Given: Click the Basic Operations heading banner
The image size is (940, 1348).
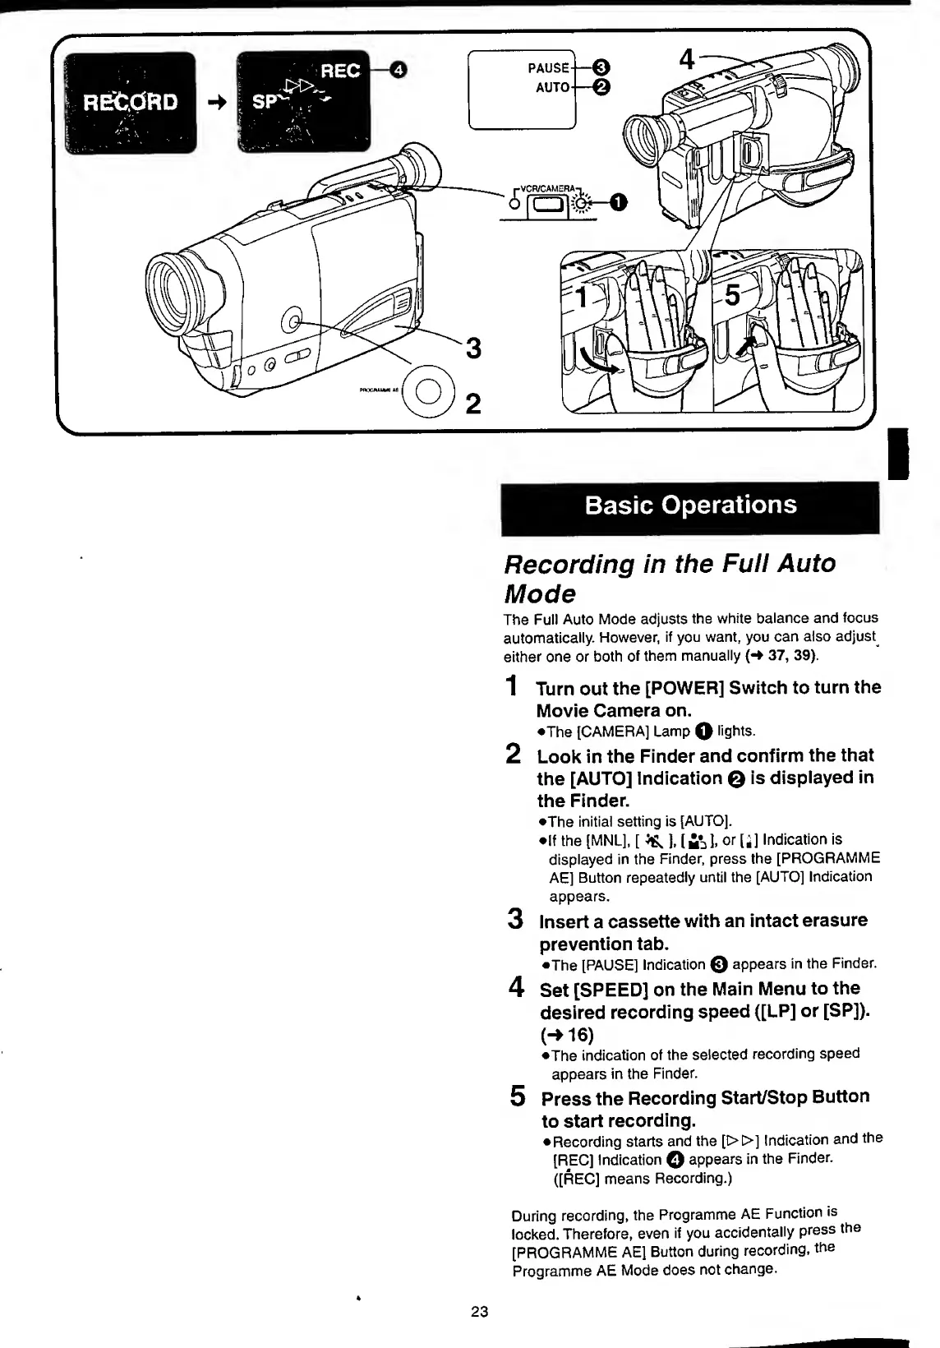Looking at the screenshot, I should [690, 505].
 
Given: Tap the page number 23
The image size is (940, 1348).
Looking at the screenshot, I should [480, 1312].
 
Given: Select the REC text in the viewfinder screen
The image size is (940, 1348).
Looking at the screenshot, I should [339, 71].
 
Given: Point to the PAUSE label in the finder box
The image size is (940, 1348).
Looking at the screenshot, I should [549, 68].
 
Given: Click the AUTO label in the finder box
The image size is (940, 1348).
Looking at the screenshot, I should [552, 86].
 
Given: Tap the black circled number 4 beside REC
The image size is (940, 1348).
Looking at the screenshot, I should [398, 70].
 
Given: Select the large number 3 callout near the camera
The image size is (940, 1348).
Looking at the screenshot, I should [472, 349].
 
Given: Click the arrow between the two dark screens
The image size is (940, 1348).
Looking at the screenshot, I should [217, 103].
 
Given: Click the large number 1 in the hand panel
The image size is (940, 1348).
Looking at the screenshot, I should [583, 296].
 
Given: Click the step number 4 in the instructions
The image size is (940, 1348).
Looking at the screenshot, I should [517, 986].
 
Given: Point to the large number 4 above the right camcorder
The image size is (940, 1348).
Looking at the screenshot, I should [688, 59].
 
